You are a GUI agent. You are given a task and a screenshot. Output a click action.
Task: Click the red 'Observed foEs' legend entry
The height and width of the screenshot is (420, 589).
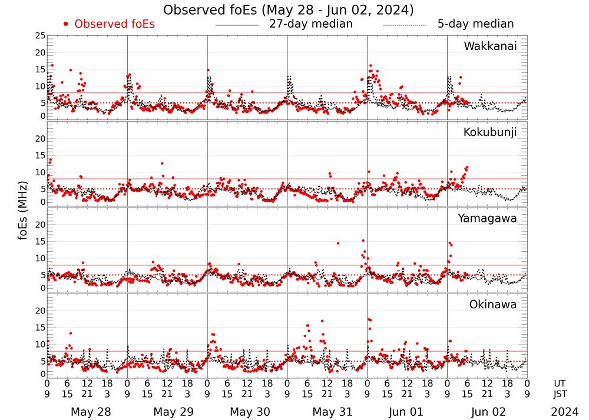click(x=115, y=24)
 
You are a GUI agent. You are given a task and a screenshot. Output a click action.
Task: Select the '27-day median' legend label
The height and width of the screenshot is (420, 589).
click(x=310, y=24)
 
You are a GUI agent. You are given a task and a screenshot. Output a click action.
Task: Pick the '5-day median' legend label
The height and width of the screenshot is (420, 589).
click(x=475, y=24)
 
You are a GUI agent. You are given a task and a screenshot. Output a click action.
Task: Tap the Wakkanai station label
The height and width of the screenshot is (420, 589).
click(x=490, y=46)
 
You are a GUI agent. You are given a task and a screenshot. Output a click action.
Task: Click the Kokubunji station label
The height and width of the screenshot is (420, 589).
click(x=489, y=132)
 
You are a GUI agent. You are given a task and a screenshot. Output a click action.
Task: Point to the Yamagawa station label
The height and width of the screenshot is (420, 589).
click(x=488, y=218)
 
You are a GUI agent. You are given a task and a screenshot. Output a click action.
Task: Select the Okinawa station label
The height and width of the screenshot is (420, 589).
click(x=493, y=305)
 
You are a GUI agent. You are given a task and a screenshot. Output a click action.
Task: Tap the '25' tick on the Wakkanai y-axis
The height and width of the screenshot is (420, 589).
click(x=40, y=36)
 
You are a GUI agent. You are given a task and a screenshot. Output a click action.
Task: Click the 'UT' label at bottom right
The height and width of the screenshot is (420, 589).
click(x=560, y=382)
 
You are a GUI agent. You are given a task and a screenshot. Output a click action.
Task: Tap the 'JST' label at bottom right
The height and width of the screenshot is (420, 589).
click(x=560, y=393)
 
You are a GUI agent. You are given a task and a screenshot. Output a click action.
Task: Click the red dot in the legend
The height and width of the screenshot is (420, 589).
click(x=66, y=24)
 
